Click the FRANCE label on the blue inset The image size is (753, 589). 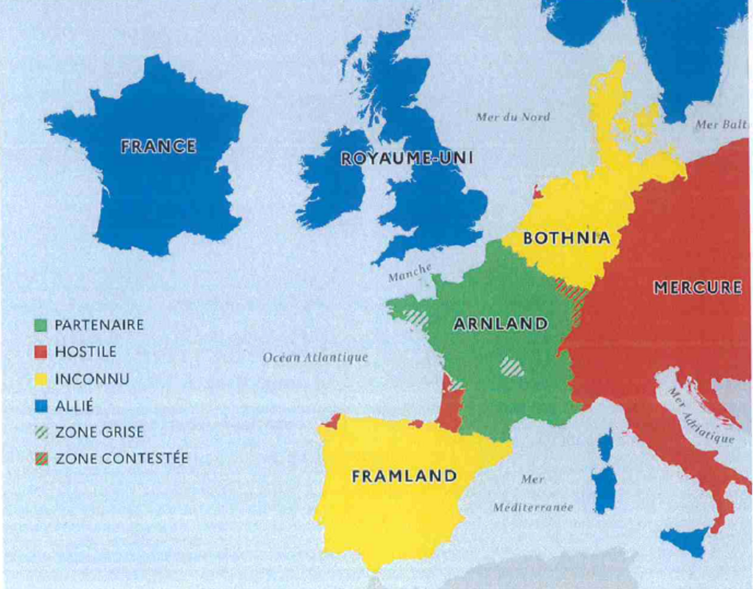158,146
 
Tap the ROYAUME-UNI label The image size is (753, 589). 407,158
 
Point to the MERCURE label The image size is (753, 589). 697,288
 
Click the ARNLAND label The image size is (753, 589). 500,324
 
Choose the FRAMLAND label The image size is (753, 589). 404,476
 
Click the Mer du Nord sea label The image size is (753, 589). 513,117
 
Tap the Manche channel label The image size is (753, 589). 410,272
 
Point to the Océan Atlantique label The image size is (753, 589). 315,358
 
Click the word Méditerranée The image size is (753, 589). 533,507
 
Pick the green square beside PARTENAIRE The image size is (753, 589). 41,325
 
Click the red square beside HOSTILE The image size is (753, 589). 41,352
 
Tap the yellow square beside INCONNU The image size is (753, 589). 41,379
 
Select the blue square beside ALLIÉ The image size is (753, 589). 41,406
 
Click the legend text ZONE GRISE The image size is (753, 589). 99,432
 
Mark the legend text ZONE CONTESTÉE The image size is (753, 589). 121,459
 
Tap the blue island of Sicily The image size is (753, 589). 685,542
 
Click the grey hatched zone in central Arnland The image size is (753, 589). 512,366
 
